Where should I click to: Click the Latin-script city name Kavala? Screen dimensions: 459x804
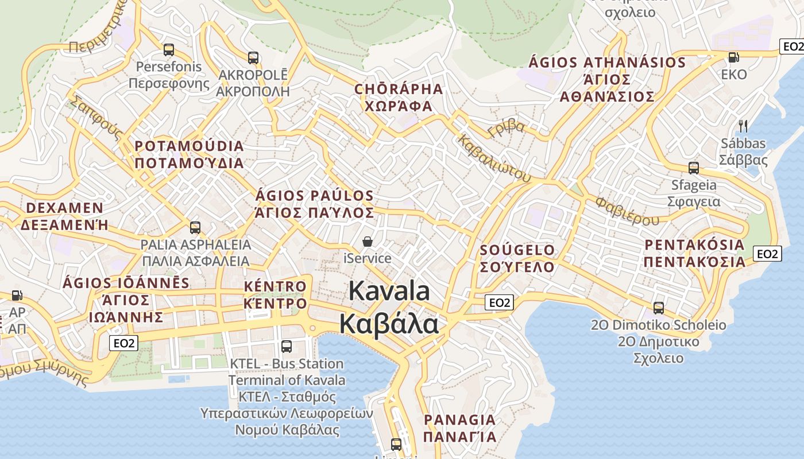[389, 291]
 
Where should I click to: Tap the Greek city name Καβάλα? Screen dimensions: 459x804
[389, 324]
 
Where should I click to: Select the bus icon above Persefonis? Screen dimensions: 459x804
[168, 50]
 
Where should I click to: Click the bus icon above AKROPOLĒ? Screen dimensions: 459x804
[253, 57]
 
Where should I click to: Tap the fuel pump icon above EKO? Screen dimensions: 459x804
[733, 57]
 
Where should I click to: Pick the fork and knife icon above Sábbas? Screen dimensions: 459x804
[743, 126]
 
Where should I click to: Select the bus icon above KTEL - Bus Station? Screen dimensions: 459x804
[287, 347]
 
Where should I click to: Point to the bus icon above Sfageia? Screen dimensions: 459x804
[694, 168]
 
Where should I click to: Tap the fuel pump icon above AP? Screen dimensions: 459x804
[17, 295]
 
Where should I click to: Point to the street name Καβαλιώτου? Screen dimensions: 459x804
[494, 158]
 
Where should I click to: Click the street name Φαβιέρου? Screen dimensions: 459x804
[627, 211]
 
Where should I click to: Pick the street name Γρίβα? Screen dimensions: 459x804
[506, 128]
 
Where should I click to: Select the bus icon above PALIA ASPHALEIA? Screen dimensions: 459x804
[195, 228]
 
